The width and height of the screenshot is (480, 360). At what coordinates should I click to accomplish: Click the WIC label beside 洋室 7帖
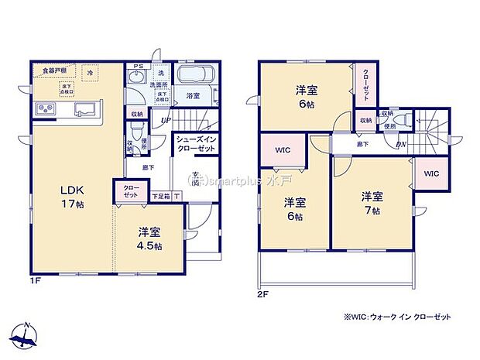[431, 173]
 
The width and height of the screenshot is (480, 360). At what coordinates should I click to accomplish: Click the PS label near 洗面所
[138, 66]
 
